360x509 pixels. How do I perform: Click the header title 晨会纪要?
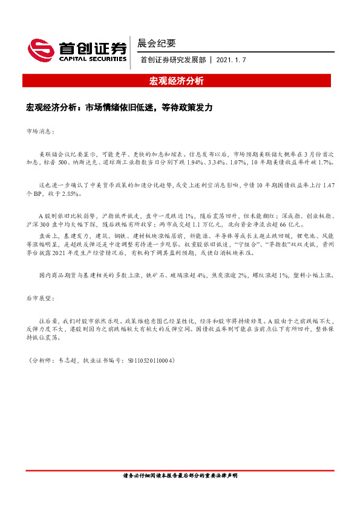(157, 43)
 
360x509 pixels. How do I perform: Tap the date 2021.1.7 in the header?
(231, 60)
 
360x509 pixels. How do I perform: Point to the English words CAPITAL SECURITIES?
(92, 59)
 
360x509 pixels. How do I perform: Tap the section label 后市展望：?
(41, 299)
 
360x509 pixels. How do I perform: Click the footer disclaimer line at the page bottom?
(179, 476)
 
